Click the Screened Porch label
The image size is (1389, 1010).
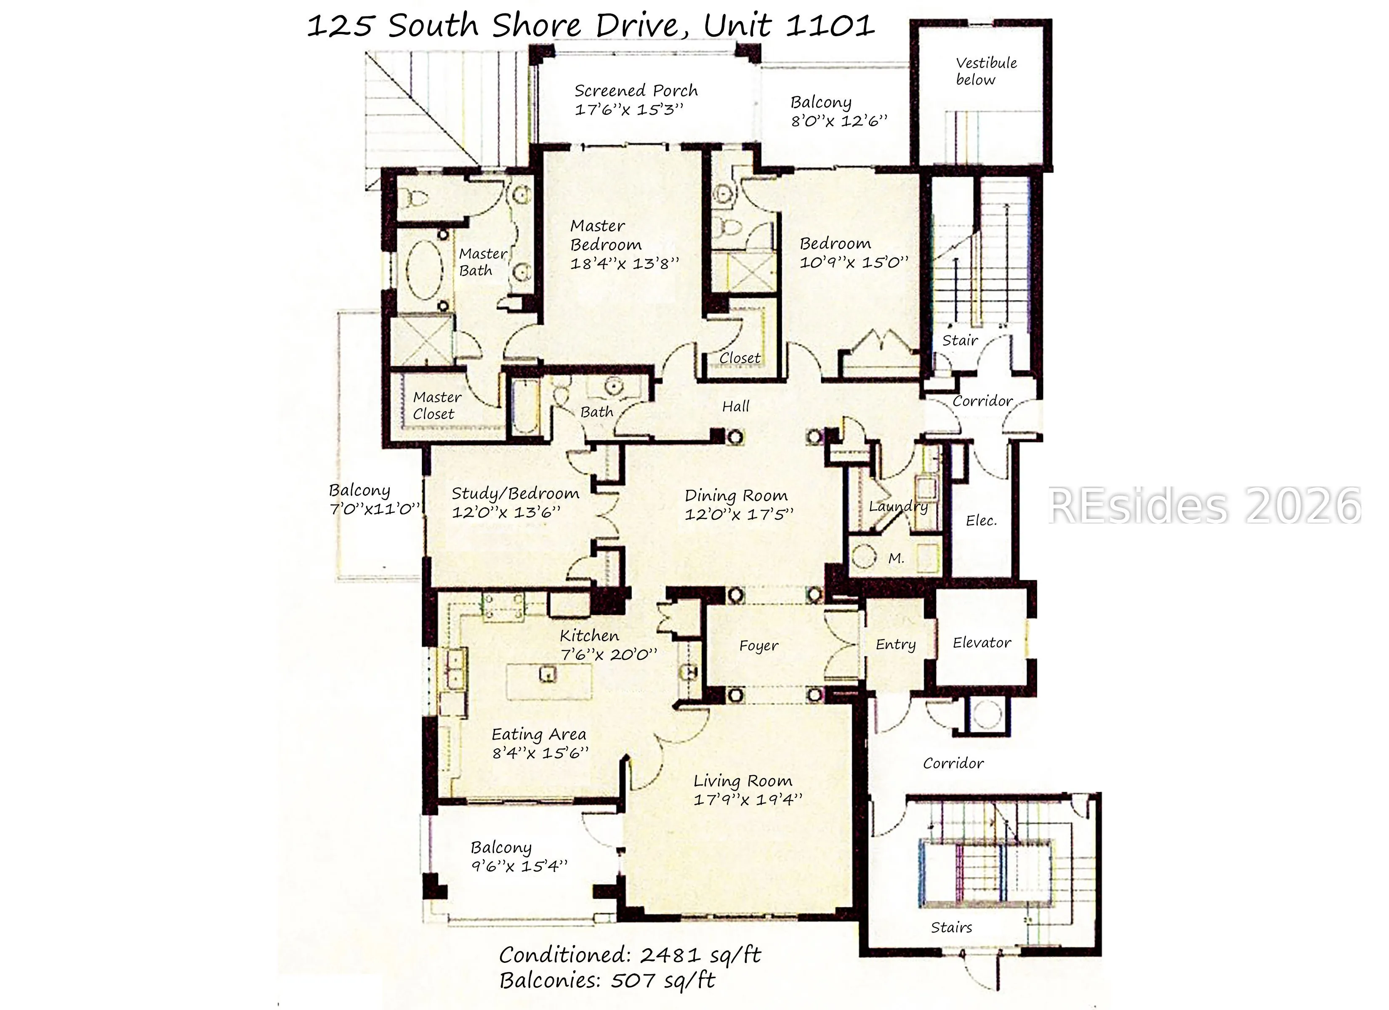[x=636, y=90]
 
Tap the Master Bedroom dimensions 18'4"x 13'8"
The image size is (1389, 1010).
[x=625, y=263]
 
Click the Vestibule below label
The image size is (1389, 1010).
[x=986, y=71]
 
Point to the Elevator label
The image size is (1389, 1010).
[x=982, y=643]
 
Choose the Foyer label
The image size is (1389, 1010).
[x=759, y=646]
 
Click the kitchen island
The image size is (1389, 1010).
[x=549, y=681]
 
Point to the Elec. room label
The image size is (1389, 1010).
[x=981, y=521]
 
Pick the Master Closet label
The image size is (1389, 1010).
[x=436, y=405]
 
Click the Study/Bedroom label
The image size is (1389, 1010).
[x=515, y=494]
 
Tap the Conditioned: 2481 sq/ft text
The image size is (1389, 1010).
[x=630, y=955]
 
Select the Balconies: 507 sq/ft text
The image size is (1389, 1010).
[x=607, y=981]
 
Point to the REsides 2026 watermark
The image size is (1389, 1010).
[x=1205, y=507]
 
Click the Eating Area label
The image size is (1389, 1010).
[x=539, y=734]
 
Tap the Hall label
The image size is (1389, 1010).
[x=735, y=406]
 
